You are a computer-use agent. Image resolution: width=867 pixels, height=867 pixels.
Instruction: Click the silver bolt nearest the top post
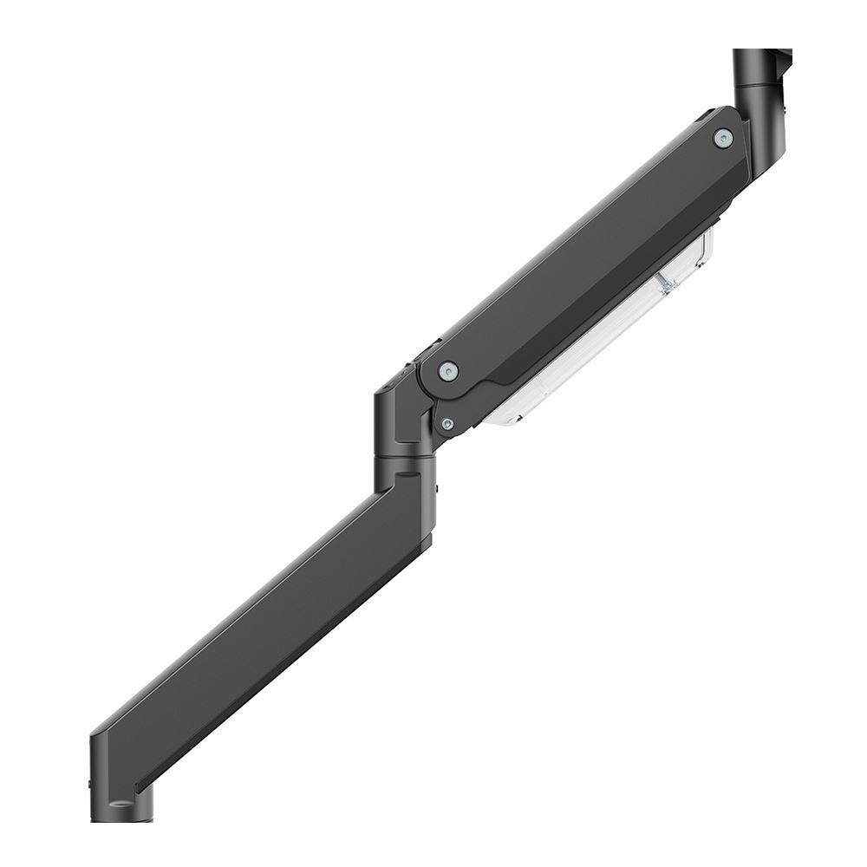722,138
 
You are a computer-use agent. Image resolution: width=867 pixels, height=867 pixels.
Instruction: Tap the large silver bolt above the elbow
448,371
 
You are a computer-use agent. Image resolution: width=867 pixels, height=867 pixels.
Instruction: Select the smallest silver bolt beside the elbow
447,424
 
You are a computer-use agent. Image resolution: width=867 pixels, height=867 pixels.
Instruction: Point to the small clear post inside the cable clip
666,281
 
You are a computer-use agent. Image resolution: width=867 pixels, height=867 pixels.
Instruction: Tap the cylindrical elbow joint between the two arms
401,425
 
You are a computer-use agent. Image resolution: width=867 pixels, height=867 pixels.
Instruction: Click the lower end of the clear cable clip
503,420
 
